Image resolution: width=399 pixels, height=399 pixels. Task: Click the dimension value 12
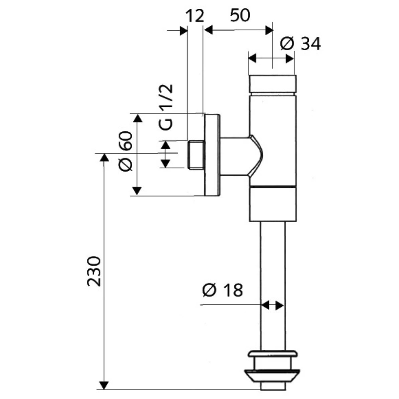tap(195, 16)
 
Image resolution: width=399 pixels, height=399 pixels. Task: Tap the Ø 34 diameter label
tap(300, 44)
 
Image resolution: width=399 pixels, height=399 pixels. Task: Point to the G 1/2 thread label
tap(167, 107)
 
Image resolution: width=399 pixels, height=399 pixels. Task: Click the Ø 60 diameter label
tap(126, 151)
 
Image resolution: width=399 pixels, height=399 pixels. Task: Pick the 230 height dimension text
tap(94, 271)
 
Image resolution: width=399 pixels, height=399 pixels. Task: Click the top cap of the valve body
tap(272, 84)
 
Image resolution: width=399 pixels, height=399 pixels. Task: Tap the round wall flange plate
tap(212, 155)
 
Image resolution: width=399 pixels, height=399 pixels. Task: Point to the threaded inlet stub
tap(196, 154)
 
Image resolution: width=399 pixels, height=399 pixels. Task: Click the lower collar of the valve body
tap(273, 204)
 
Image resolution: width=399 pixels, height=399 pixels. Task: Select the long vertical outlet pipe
tap(273, 286)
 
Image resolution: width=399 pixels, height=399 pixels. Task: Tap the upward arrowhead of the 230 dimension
tap(104, 158)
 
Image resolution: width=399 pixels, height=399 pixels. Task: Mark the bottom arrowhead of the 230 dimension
tap(104, 385)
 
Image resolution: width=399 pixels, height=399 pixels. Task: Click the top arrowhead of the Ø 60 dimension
tap(137, 119)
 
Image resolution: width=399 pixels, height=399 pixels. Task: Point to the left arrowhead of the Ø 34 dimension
tap(252, 59)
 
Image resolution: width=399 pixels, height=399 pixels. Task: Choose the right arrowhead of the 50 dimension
tap(269, 30)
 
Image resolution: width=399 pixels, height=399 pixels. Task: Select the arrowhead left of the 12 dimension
tap(184, 31)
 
